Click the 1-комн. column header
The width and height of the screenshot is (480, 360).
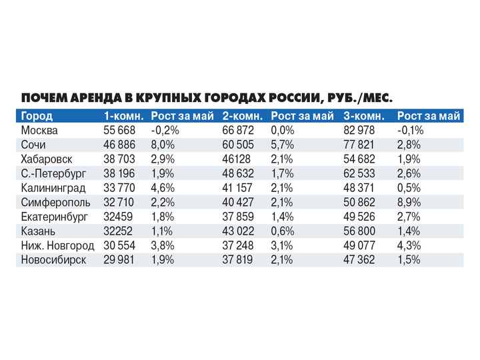[x=124, y=116]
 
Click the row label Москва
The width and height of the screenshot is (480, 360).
[x=41, y=131]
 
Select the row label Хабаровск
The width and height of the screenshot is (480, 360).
[x=47, y=159]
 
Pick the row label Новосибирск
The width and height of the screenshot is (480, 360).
[x=53, y=260]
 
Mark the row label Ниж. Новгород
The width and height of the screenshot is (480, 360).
[x=57, y=246]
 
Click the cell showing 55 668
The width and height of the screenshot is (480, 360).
[x=119, y=131]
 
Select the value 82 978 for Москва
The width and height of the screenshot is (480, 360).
[x=359, y=131]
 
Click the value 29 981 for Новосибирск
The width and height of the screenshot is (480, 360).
[x=119, y=260]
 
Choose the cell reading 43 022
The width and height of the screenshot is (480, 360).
[x=239, y=231]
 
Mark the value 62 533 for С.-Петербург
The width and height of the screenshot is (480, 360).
[x=359, y=174]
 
